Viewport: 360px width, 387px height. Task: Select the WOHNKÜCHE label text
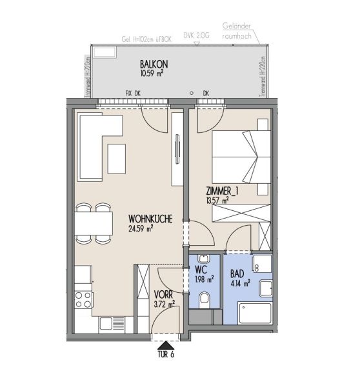(x=150, y=219)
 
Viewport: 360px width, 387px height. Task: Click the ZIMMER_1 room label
(x=222, y=192)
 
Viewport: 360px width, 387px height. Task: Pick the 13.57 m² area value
(x=217, y=201)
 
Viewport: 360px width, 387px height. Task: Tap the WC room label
(x=201, y=270)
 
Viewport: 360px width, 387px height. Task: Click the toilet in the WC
(x=205, y=299)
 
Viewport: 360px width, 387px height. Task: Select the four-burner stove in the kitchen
(x=83, y=299)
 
